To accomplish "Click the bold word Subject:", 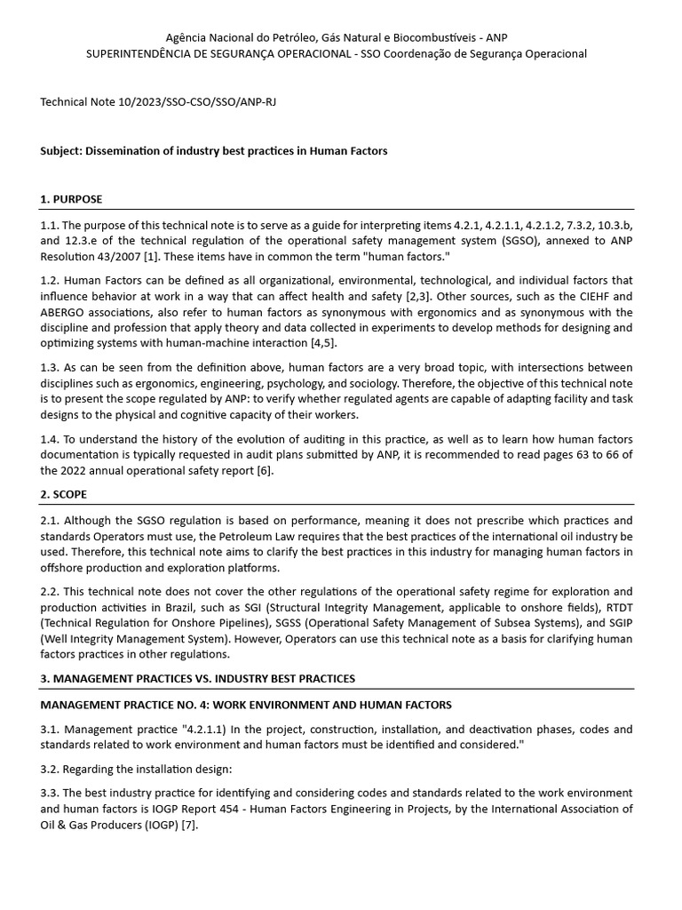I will coord(61,151).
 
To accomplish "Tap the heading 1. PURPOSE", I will coord(71,199).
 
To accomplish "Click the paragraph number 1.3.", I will coord(49,368).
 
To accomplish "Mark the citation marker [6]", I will coord(264,471).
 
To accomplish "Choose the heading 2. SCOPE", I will coord(64,494).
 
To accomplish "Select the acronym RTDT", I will coord(615,606).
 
